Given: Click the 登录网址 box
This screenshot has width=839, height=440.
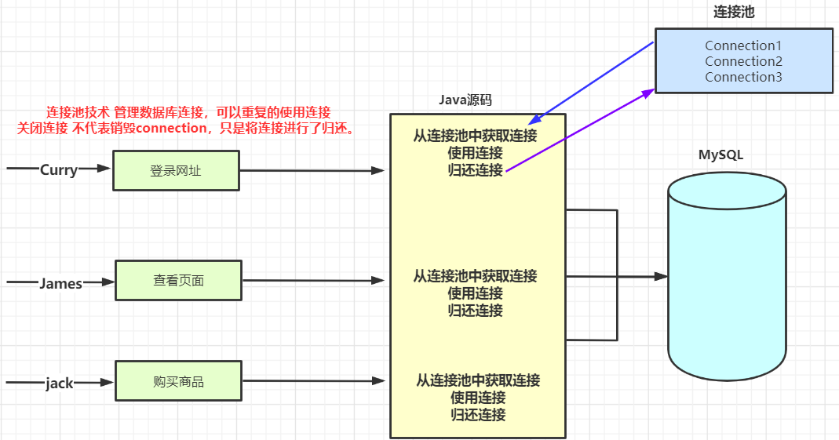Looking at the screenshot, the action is tap(176, 170).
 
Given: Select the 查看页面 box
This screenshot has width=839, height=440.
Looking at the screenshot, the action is tap(179, 280).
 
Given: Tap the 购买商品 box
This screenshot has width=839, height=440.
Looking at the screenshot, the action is tap(179, 381).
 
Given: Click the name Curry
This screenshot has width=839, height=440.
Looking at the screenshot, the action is tap(59, 170).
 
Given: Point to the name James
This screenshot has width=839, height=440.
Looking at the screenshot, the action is tap(61, 283).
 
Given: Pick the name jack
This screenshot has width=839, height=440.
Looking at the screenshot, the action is tap(60, 384).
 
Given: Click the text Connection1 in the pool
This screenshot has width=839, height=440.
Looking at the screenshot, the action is tap(743, 45).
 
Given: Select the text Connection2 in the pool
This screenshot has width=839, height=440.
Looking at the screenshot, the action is tap(743, 61).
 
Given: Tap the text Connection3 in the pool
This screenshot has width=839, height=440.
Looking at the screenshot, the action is tap(743, 77).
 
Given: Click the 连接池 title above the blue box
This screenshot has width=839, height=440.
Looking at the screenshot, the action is tap(734, 12).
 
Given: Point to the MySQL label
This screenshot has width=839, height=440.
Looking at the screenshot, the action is tap(720, 155).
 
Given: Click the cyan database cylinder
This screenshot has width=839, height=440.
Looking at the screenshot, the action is tap(728, 276).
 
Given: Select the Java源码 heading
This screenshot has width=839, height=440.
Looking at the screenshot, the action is tap(465, 100).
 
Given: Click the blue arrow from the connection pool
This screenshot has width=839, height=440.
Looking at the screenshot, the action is tap(591, 83).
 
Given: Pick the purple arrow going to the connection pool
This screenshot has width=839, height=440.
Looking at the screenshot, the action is tap(581, 130).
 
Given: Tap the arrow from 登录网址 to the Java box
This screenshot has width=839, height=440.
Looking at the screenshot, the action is tap(312, 170).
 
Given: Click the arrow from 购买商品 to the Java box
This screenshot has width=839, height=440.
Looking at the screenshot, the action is tap(314, 380).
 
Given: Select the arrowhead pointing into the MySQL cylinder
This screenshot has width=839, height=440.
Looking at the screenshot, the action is tap(662, 276).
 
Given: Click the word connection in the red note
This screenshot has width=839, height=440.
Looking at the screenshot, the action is tap(171, 129).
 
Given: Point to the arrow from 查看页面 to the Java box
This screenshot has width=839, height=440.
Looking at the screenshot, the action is tap(314, 280).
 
